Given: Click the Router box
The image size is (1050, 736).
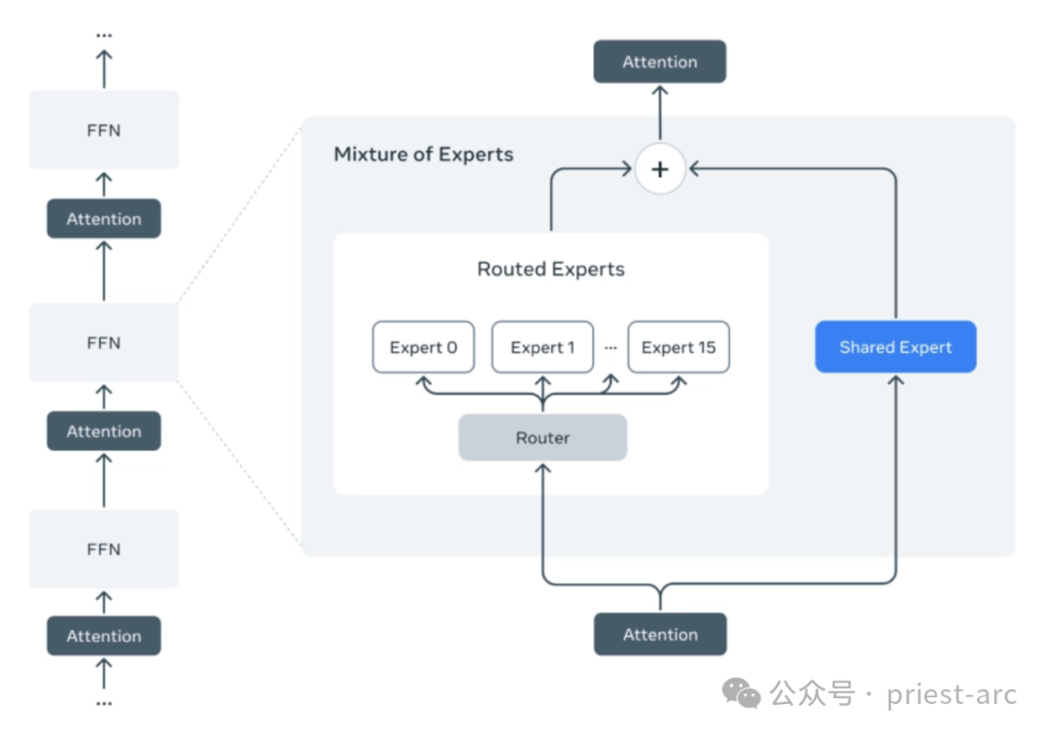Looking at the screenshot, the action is pos(542,438).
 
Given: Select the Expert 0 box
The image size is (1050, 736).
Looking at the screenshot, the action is pos(423,347).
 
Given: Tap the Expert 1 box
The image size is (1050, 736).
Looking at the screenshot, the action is pos(542,347).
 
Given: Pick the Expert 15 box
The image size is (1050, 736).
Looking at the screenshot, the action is pos(679,347).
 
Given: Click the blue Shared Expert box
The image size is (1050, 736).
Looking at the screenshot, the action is pos(895,347).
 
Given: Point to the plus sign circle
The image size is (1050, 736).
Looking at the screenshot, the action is pos(659,169).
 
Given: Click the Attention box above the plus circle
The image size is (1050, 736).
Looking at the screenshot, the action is pos(659,61).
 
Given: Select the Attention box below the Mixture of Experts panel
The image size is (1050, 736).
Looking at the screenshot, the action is pos(660,634).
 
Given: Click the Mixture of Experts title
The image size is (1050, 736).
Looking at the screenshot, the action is pos(423,155).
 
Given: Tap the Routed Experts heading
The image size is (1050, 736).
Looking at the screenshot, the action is pos(550,269).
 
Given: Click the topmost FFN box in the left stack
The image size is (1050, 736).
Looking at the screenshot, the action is pos(104,130).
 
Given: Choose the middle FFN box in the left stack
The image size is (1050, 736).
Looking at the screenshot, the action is pos(104,343).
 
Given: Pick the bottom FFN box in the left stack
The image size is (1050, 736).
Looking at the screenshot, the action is pos(104,549).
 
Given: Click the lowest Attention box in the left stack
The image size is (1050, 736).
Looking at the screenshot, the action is pos(104,636).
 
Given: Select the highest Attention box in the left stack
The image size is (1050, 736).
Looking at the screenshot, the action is pos(104,219).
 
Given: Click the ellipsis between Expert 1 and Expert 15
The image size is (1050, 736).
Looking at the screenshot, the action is pos(611,347).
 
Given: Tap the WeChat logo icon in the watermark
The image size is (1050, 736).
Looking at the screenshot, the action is pos(741,694).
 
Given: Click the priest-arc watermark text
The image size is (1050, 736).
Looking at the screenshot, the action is pos(952,694).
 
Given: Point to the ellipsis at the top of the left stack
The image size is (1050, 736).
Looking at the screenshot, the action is pos(104,35).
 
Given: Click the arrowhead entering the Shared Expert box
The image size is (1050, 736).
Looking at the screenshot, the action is pos(895,380).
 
